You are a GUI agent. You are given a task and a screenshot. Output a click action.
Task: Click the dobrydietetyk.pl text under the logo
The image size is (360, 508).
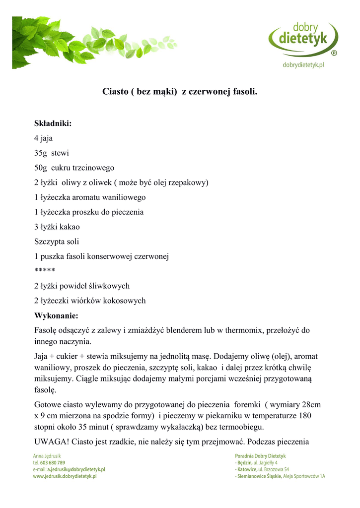point(303,65)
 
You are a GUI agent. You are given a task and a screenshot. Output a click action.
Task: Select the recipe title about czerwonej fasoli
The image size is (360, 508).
point(180,92)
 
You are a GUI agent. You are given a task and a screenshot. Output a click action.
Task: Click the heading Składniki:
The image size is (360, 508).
point(53,124)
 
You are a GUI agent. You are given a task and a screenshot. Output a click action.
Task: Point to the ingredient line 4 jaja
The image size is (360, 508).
point(43,138)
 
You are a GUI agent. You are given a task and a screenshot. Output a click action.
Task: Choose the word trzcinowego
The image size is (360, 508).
point(93,168)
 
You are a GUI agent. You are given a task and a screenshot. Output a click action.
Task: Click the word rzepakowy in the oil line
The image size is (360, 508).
point(187,183)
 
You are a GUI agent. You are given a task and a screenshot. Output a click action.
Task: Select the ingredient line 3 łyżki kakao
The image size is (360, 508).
point(57,227)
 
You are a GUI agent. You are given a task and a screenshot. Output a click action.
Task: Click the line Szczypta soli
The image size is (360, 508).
point(57,242)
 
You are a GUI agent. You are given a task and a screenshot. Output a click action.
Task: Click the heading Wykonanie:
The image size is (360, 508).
point(56,316)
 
